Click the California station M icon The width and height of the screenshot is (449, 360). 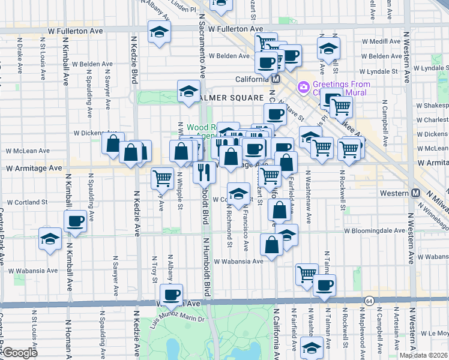point(276,79)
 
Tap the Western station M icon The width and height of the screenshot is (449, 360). point(415,193)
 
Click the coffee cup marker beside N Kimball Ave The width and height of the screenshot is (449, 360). point(76,222)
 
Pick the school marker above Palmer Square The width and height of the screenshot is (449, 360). point(188,92)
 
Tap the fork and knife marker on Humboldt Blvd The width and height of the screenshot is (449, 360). point(205,172)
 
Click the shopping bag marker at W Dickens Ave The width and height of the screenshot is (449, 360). point(112,144)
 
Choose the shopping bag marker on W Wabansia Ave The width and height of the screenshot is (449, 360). point(272,245)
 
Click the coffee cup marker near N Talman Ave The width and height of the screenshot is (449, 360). point(324,286)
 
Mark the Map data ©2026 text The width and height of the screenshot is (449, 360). point(423,355)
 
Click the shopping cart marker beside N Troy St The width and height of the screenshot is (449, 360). point(163,178)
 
